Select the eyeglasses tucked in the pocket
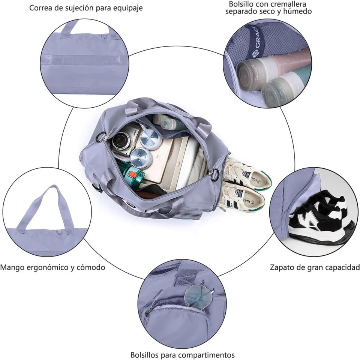click(199, 295)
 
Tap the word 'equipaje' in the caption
click(126, 8)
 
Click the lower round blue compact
click(141, 157)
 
